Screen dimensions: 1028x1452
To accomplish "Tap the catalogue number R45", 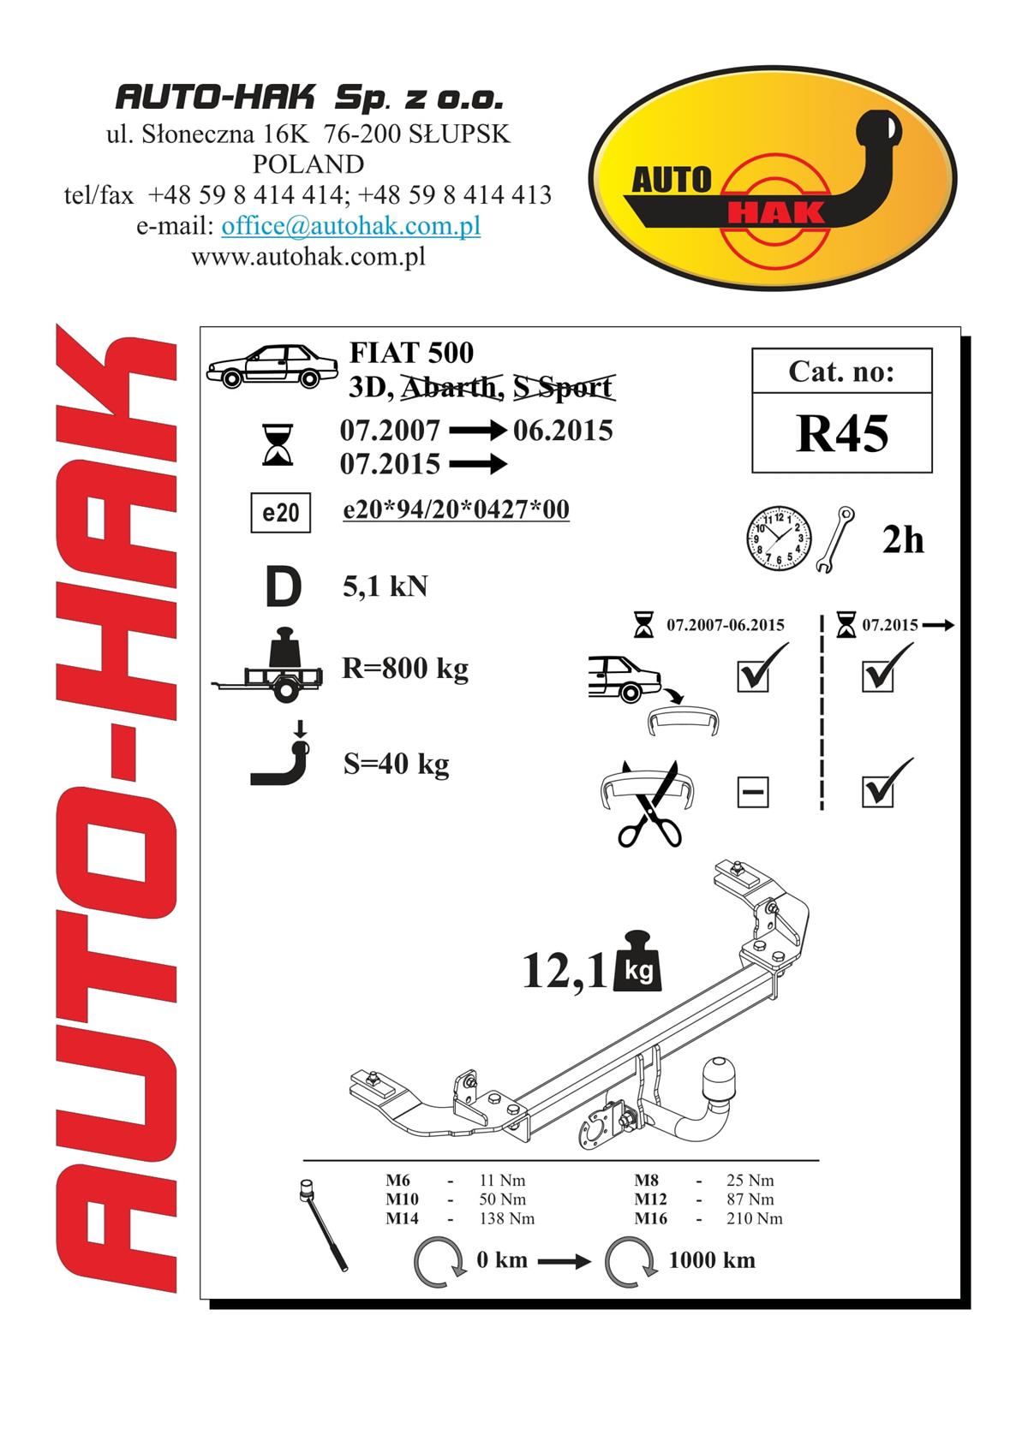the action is coord(842,434).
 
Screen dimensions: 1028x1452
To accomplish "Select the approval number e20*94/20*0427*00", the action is coord(456,509).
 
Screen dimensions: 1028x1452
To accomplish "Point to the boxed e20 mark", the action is coord(281,513).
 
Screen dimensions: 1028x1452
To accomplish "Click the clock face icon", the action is coord(779,539).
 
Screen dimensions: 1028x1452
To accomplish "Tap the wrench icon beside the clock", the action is coord(834,539).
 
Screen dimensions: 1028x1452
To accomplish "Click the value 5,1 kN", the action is coord(385,586).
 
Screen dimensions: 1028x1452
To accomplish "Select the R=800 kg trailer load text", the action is coord(405,669).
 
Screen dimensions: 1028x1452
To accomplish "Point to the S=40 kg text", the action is coord(397,764).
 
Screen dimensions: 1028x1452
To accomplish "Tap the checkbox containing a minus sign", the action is coord(753,792).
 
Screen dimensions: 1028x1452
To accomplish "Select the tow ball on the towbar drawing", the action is coord(718,1077).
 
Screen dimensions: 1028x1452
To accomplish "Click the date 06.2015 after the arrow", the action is coord(563,431).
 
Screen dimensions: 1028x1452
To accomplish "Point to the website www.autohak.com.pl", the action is coord(308,257).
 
